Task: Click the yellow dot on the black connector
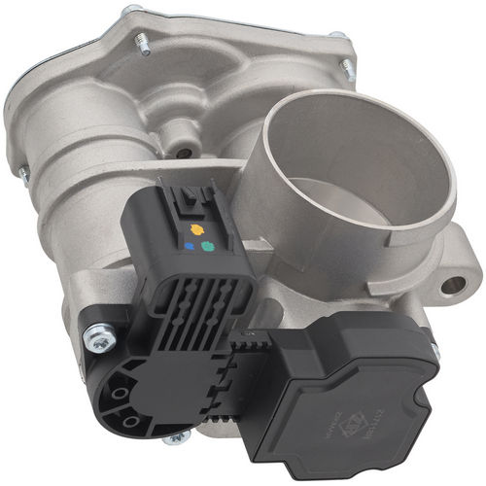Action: click(x=198, y=231)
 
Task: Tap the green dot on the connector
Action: click(x=207, y=247)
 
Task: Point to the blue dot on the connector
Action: click(x=189, y=247)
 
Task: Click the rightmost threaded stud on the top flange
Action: click(x=345, y=68)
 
